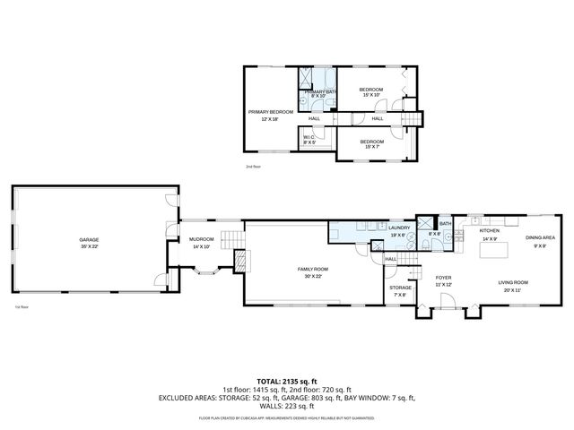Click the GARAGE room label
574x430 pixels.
pyautogui.click(x=89, y=240)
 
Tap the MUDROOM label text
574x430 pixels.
pyautogui.click(x=201, y=239)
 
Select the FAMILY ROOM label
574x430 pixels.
pyautogui.click(x=313, y=269)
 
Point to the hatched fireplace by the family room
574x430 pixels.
pyautogui.click(x=239, y=261)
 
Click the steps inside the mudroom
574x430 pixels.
pyautogui.click(x=230, y=238)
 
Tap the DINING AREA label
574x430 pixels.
pyautogui.click(x=540, y=237)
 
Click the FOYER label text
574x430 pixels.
pyautogui.click(x=443, y=278)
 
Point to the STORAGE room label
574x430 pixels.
pyautogui.click(x=400, y=288)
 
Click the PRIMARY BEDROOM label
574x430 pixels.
pyautogui.click(x=270, y=112)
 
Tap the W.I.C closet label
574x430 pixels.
pyautogui.click(x=309, y=137)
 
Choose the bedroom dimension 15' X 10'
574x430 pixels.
pyautogui.click(x=371, y=95)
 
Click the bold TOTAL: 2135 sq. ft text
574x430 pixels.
pyautogui.click(x=287, y=381)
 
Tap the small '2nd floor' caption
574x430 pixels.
pyautogui.click(x=253, y=167)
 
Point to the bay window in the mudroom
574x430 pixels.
pyautogui.click(x=199, y=280)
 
